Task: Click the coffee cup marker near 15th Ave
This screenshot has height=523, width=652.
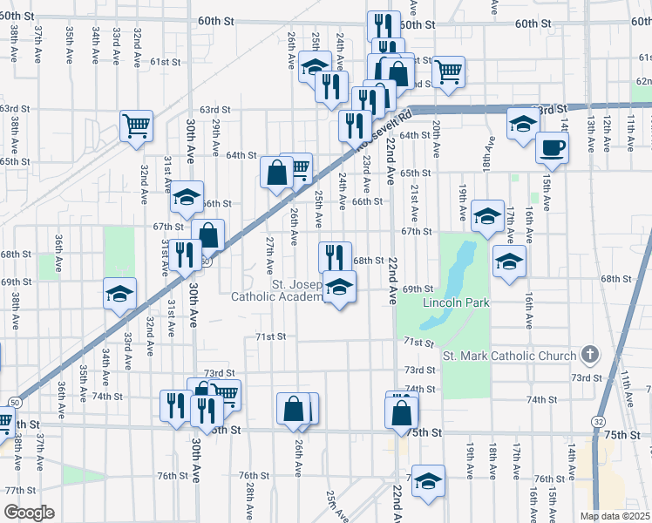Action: [x=552, y=146]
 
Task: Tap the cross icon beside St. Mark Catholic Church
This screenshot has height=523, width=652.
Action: [x=590, y=355]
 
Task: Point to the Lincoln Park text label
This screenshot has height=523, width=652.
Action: [x=456, y=302]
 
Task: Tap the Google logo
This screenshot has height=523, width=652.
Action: [x=29, y=513]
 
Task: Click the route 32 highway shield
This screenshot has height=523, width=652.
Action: [x=597, y=421]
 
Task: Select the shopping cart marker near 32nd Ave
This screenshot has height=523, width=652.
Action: [x=136, y=126]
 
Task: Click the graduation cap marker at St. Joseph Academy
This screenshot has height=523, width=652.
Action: [x=339, y=287]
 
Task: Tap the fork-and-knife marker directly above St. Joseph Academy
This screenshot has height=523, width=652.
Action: [x=335, y=257]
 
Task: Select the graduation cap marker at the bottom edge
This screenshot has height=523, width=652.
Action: [x=427, y=482]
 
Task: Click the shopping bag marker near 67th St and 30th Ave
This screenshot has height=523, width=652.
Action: [x=208, y=234]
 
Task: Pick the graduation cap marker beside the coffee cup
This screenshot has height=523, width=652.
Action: [x=522, y=126]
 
